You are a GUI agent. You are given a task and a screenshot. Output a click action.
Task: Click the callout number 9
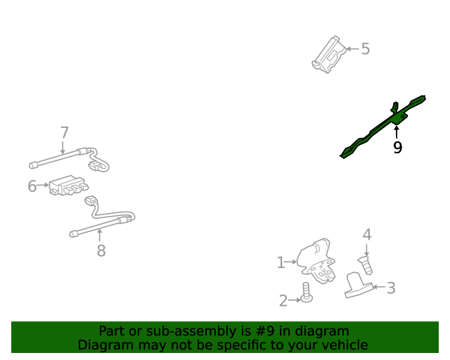(397, 148)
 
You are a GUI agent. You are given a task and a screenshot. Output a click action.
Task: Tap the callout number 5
(366, 49)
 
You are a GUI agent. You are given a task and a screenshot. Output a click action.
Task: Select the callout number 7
(65, 133)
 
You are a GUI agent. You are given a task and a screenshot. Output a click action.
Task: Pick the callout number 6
(32, 186)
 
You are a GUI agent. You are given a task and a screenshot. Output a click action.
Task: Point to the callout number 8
(101, 250)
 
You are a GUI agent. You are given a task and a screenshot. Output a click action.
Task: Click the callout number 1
(281, 263)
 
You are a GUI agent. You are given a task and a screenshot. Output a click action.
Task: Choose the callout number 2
(283, 300)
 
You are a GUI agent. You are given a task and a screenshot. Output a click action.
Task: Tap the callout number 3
(391, 288)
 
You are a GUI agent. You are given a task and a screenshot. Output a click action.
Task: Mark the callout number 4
(367, 235)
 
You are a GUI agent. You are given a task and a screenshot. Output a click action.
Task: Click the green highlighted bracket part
(383, 127)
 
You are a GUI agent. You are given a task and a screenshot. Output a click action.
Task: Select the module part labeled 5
(329, 55)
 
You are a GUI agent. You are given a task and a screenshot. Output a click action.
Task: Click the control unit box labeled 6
(68, 185)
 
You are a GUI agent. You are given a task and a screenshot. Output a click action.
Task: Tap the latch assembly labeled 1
(316, 262)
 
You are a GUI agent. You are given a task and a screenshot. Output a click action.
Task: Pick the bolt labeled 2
(307, 292)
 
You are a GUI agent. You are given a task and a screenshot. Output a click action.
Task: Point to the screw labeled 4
(366, 266)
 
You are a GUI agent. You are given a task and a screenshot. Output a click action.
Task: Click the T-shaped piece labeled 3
(358, 285)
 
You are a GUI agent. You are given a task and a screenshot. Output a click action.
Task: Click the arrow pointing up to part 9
(397, 132)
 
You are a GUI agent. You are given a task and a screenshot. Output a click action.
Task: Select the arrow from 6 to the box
(43, 185)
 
